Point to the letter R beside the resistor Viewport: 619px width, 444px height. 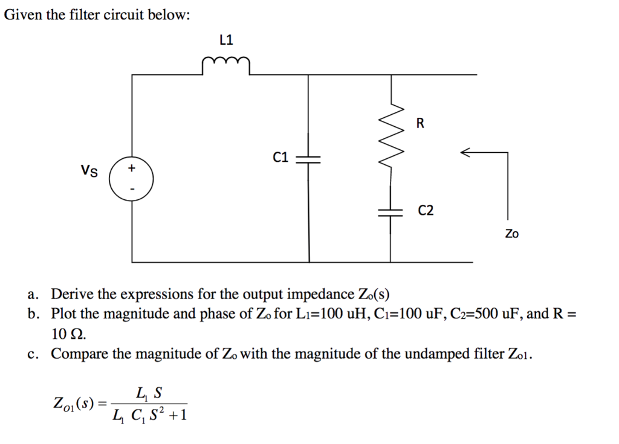tap(421, 124)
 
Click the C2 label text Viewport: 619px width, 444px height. tap(426, 211)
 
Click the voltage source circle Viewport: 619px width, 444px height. tap(132, 179)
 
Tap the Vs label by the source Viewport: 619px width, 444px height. tap(89, 171)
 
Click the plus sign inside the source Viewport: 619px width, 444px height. tap(132, 167)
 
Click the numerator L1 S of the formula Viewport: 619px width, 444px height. tap(149, 393)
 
